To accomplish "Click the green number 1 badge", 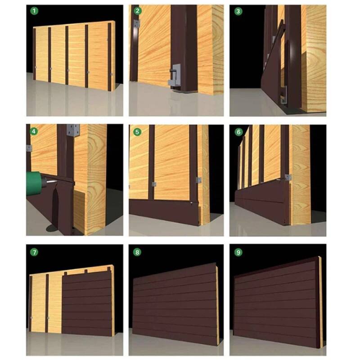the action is [x=35, y=11].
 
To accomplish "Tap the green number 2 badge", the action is [x=137, y=11].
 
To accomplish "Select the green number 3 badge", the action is [x=238, y=11].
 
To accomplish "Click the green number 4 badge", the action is [x=34, y=131].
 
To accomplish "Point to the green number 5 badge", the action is [x=137, y=132].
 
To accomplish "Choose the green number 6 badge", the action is [x=238, y=132].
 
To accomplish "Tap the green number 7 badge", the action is [x=34, y=252].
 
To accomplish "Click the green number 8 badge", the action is [x=137, y=252].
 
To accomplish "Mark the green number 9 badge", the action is [x=238, y=252].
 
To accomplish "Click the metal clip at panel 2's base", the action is [x=175, y=76].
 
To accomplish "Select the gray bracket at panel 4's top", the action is [x=73, y=130].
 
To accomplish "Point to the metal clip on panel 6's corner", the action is [x=288, y=177].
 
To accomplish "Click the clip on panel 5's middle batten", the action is [x=154, y=184].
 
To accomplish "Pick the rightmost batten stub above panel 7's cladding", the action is [x=109, y=269].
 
